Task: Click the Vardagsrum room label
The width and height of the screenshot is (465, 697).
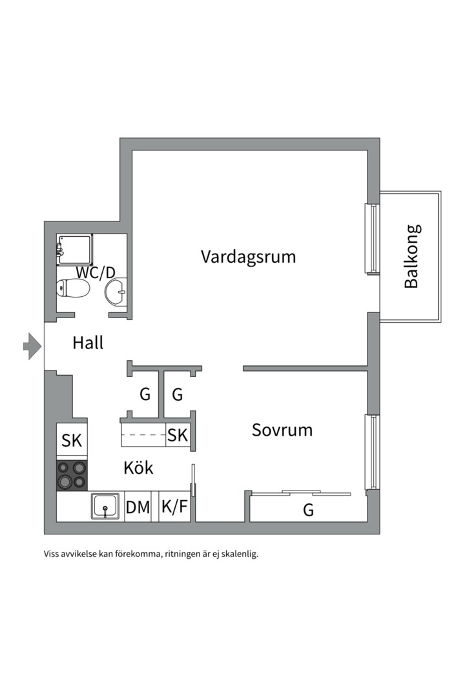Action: pos(248,257)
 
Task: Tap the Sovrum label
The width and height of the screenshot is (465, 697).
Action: pos(282,430)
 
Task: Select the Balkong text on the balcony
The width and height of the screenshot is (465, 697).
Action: pos(412,256)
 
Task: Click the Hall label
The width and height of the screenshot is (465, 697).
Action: pos(88,343)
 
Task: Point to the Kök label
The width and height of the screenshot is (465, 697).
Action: pos(138,467)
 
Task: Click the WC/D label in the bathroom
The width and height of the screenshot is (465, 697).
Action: pos(96,272)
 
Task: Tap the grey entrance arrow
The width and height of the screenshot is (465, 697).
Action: pos(32,347)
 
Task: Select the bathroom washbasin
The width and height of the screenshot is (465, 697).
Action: pos(117,294)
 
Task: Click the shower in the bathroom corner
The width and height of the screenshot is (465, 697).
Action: pos(73,249)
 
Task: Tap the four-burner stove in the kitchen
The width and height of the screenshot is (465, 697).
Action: pos(72,475)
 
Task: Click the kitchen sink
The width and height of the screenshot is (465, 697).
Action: pos(105,506)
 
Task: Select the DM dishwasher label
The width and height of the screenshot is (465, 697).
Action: pos(138,507)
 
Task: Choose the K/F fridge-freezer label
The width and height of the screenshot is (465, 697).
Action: pos(174,507)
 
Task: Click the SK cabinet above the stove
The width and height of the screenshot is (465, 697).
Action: pos(72,441)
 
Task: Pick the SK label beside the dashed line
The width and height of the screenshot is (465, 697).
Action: pos(178,436)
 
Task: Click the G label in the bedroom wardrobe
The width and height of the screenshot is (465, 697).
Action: pos(309,510)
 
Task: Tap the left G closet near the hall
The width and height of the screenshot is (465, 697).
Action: pos(145,394)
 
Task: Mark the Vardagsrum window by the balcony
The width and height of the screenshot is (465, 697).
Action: pos(371,239)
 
